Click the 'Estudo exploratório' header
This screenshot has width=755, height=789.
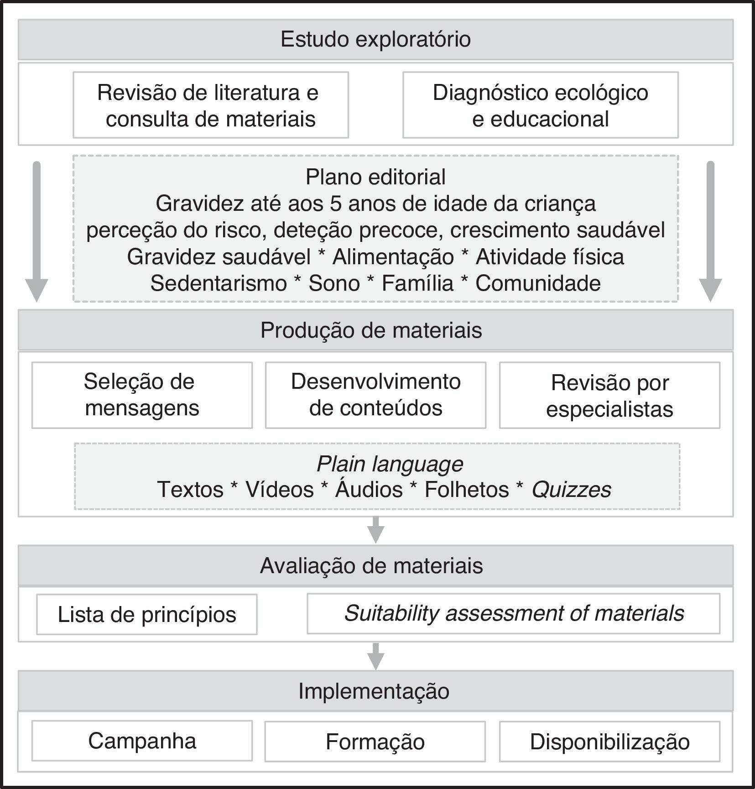tap(375, 39)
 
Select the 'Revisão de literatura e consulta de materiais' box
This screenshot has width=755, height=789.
tap(211, 105)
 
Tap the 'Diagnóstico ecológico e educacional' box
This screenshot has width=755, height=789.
tap(540, 105)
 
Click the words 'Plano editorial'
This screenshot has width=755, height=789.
tap(375, 177)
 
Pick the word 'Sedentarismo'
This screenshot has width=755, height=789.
tap(219, 283)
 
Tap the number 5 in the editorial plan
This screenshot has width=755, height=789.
tap(336, 204)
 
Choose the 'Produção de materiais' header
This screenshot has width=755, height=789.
tap(371, 330)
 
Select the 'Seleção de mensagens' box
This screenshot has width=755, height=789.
tap(142, 395)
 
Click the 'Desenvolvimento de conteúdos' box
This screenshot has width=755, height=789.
tap(375, 395)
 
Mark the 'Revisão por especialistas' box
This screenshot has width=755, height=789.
tap(609, 395)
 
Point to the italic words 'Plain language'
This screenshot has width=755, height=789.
tap(390, 464)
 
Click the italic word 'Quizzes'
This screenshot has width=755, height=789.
tap(571, 490)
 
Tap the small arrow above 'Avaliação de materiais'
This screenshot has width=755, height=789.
tap(375, 530)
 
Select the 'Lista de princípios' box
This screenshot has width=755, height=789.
tap(147, 614)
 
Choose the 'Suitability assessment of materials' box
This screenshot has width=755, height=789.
tap(514, 613)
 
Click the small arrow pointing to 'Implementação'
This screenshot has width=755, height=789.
tap(375, 656)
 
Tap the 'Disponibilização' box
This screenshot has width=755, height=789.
tap(609, 742)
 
